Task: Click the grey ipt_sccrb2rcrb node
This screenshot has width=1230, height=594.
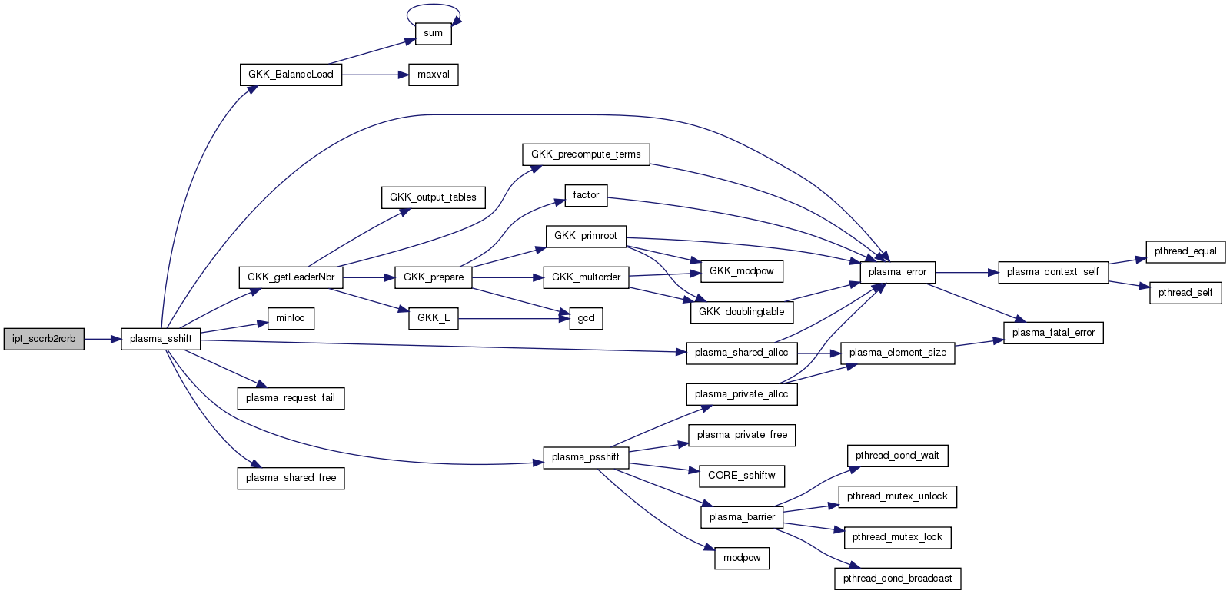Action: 44,339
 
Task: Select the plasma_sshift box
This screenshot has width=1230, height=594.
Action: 161,339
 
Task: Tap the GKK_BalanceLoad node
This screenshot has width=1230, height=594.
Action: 291,75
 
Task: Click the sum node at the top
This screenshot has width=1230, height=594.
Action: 433,33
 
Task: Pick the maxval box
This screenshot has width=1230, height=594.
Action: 433,75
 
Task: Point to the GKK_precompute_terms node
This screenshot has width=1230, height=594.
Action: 586,154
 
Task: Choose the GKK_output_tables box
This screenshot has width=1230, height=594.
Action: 433,197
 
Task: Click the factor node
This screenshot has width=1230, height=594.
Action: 586,195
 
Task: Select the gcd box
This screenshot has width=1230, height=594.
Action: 586,318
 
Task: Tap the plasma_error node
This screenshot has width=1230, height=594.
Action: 897,272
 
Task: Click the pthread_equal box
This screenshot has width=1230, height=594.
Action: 1185,251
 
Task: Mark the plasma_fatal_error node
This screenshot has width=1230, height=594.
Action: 1053,333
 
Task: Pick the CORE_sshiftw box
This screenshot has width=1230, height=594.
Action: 742,476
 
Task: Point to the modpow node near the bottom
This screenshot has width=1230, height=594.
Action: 742,558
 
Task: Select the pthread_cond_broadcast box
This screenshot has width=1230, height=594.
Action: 897,579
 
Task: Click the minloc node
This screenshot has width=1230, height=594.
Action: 291,318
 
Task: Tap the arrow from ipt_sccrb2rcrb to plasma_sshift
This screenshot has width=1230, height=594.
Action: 102,339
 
